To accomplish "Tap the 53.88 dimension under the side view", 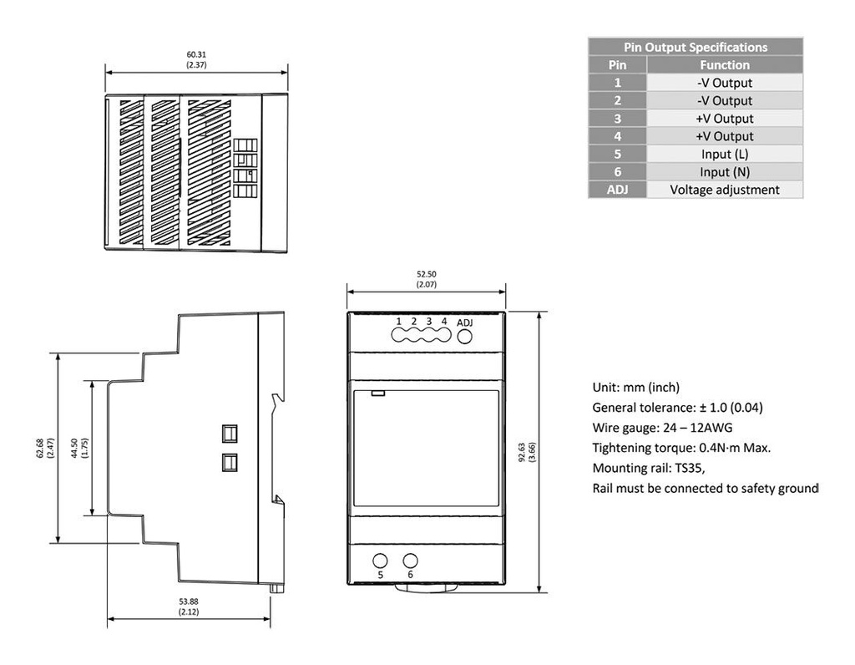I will [188, 607].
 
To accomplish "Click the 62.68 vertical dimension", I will [45, 449].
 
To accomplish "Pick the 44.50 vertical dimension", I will [80, 449].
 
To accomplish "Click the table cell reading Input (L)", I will [724, 154].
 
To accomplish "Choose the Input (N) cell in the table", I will [724, 171].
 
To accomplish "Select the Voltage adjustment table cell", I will [724, 190].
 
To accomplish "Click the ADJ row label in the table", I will [617, 190].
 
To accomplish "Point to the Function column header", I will [724, 64].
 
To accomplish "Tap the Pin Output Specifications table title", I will [695, 47].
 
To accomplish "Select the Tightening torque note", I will [681, 447].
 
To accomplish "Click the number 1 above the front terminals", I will [399, 322].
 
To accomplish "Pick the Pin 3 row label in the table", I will [617, 119].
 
